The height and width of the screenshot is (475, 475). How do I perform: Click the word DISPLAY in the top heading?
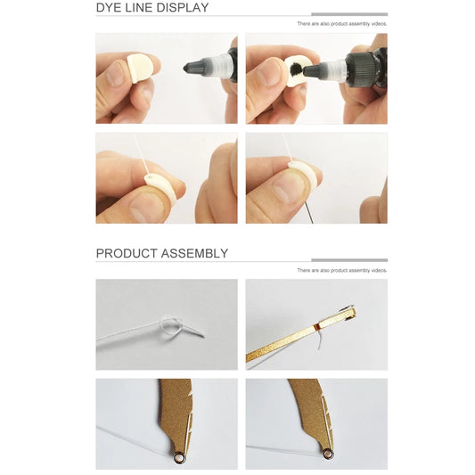tap(184, 8)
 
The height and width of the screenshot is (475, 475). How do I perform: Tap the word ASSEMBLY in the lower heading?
tap(194, 253)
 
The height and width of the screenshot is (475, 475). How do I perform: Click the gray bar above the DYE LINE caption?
tap(348, 14)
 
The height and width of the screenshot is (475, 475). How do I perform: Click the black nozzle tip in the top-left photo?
tap(191, 66)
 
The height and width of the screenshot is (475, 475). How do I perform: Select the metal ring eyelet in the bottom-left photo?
tap(179, 456)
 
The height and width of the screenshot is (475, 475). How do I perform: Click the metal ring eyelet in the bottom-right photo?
tap(327, 454)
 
